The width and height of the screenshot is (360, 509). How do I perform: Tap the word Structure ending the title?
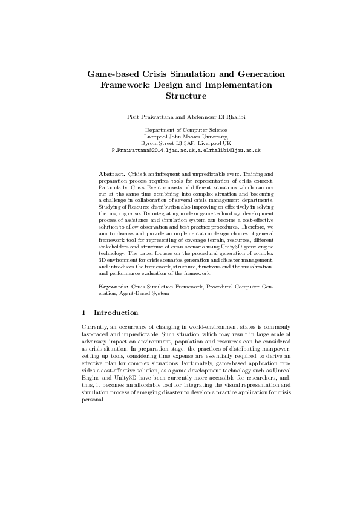point(186,96)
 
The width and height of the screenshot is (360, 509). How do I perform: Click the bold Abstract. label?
point(112,173)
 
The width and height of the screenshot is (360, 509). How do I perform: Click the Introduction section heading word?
point(116,313)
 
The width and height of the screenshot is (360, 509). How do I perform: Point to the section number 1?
point(83,313)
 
